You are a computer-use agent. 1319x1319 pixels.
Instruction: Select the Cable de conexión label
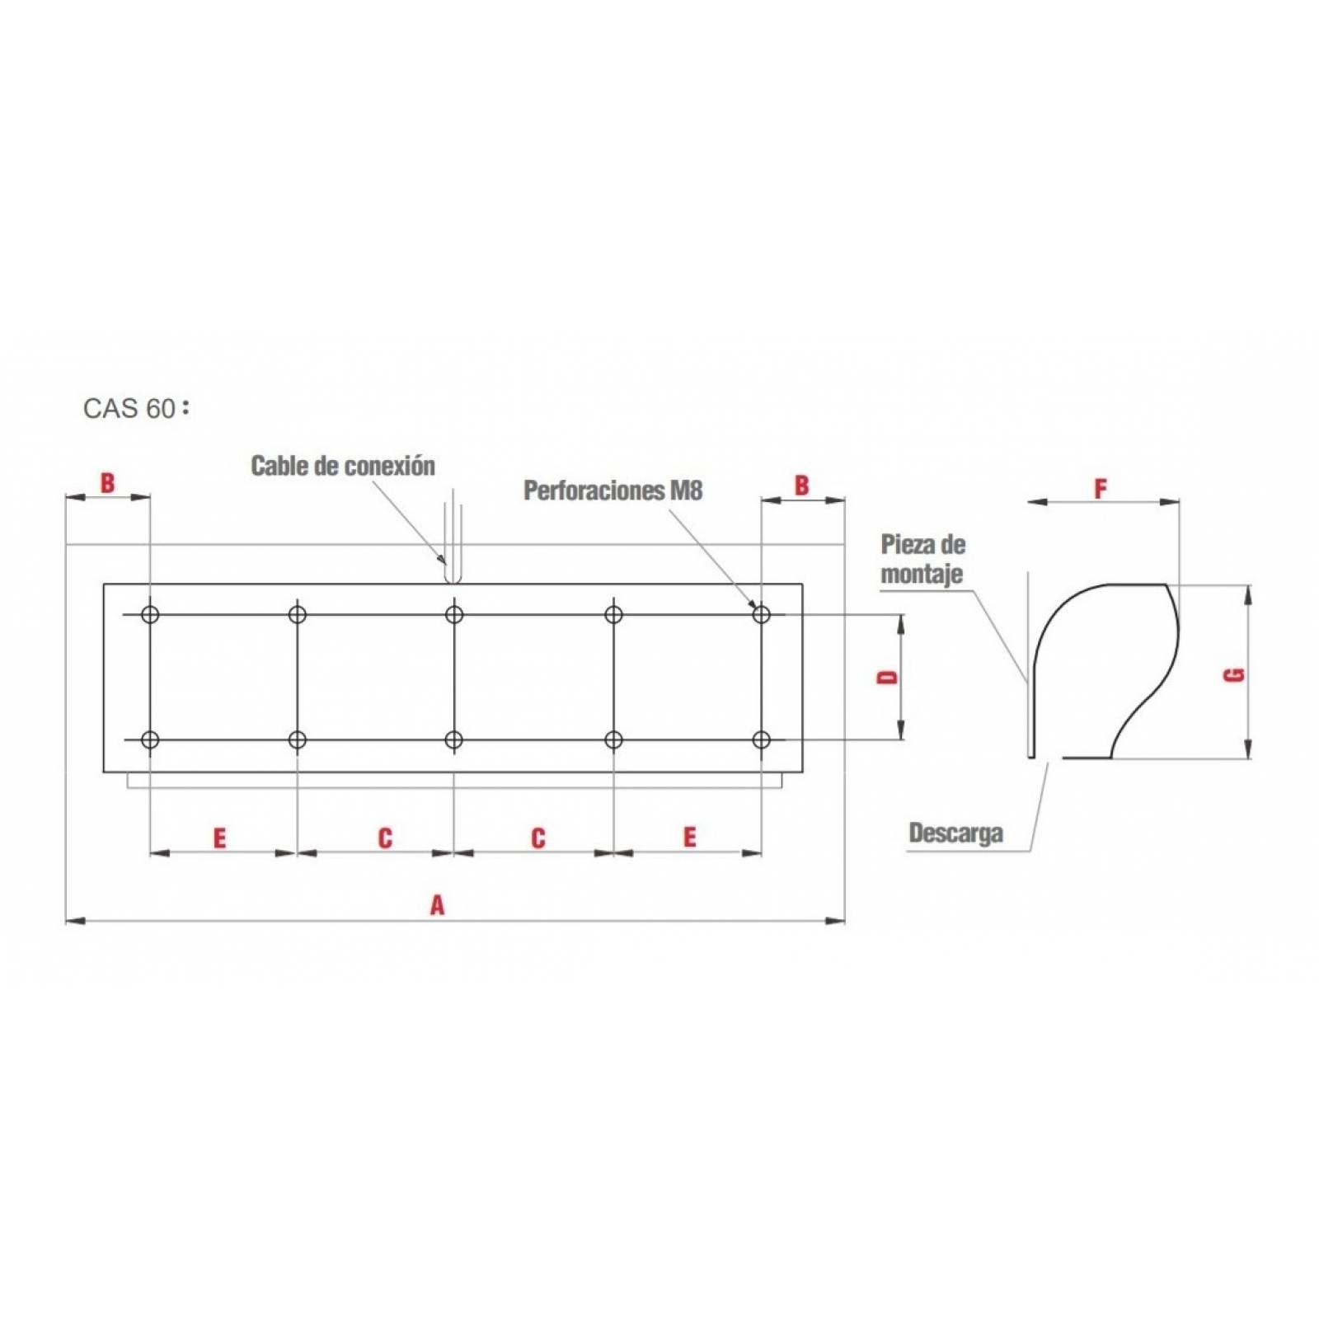coord(343,466)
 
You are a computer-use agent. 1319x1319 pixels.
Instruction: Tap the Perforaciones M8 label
coord(613,491)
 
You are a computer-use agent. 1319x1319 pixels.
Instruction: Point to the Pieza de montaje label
coord(922,559)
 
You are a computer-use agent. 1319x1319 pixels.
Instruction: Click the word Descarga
coord(956,833)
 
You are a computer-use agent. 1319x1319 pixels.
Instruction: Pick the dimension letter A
coord(437,905)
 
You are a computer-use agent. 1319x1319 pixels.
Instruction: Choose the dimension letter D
coord(887,677)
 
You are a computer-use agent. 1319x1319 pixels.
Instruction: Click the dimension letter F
coord(1101,489)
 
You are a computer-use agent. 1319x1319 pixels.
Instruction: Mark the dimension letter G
coord(1234,674)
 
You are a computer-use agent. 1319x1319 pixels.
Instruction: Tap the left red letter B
coord(107,482)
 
